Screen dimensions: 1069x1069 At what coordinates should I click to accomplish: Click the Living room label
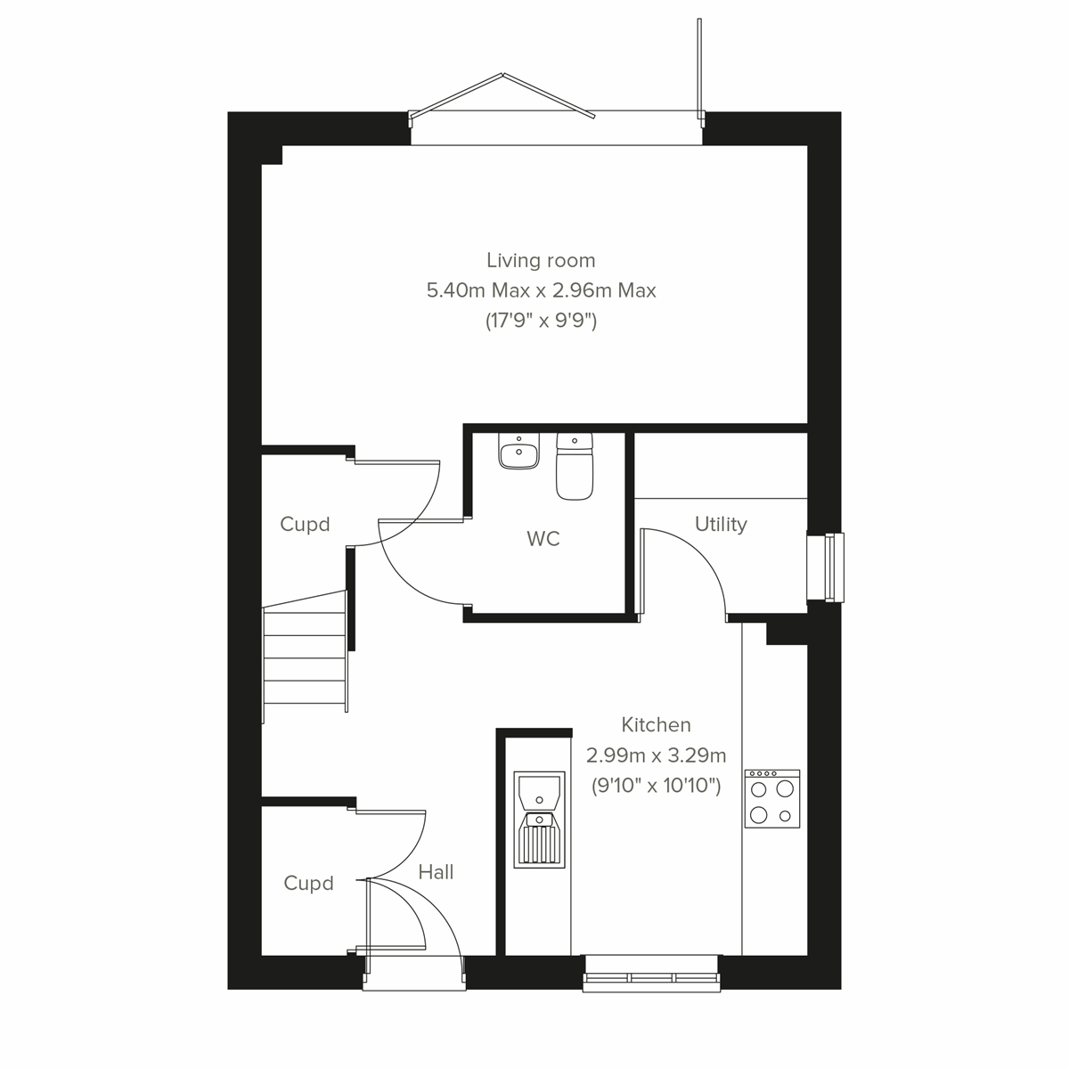point(541,260)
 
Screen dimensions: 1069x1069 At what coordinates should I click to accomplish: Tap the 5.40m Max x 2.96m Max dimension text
point(541,290)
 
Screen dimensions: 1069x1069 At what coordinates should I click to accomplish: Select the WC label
point(543,539)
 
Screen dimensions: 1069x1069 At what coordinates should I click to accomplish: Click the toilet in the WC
point(575,465)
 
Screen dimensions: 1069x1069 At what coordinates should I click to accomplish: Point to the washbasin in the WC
point(518,452)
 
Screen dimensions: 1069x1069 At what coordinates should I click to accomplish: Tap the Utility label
point(721,524)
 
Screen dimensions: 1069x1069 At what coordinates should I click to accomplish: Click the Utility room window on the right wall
point(825,567)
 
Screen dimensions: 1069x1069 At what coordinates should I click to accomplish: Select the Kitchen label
point(656,724)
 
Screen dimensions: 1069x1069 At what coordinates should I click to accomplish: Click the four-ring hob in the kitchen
point(772,799)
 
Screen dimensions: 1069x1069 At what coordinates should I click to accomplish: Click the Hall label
point(437,872)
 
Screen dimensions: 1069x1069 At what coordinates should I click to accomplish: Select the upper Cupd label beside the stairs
point(305,524)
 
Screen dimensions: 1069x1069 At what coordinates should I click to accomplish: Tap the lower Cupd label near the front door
point(308,883)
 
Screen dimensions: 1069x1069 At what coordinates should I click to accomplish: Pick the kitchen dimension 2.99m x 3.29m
point(656,755)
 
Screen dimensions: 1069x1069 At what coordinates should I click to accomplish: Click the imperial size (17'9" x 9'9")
point(541,321)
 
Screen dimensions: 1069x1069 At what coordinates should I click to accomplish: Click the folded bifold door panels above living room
point(502,96)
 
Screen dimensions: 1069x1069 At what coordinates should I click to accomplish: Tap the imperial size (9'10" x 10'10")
point(656,786)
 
